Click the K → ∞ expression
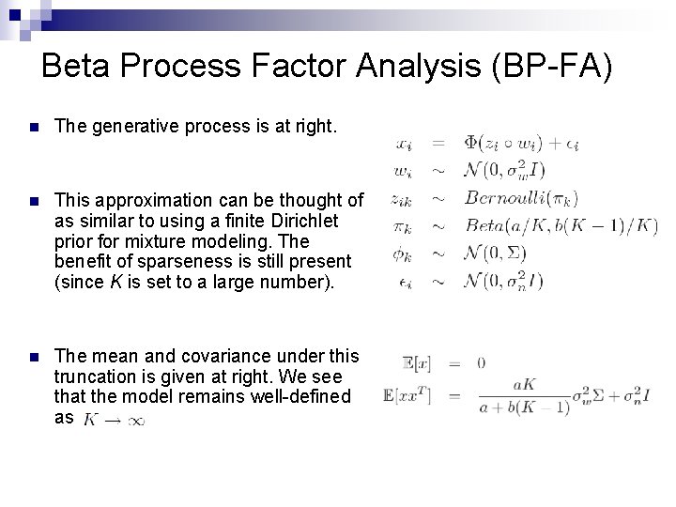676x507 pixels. click(115, 419)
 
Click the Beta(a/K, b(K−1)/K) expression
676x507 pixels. click(561, 225)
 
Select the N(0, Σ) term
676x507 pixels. click(498, 253)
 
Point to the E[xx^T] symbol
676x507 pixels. click(407, 396)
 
